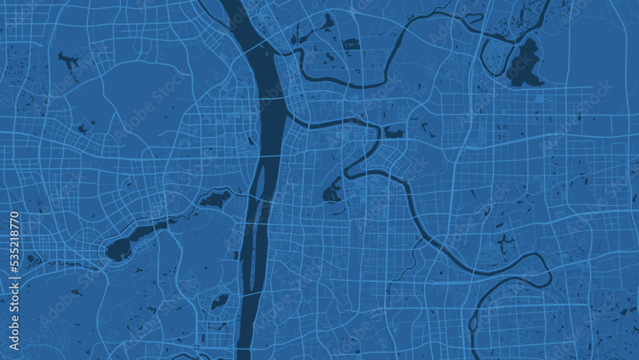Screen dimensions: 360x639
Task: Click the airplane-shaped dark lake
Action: (x=68, y=61)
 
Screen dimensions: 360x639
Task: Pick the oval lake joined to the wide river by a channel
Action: (x=215, y=200)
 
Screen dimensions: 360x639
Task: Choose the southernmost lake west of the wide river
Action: (x=219, y=301)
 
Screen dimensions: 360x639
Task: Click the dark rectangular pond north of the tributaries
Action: (x=350, y=44)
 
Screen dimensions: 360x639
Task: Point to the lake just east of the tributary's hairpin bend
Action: (x=393, y=133)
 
